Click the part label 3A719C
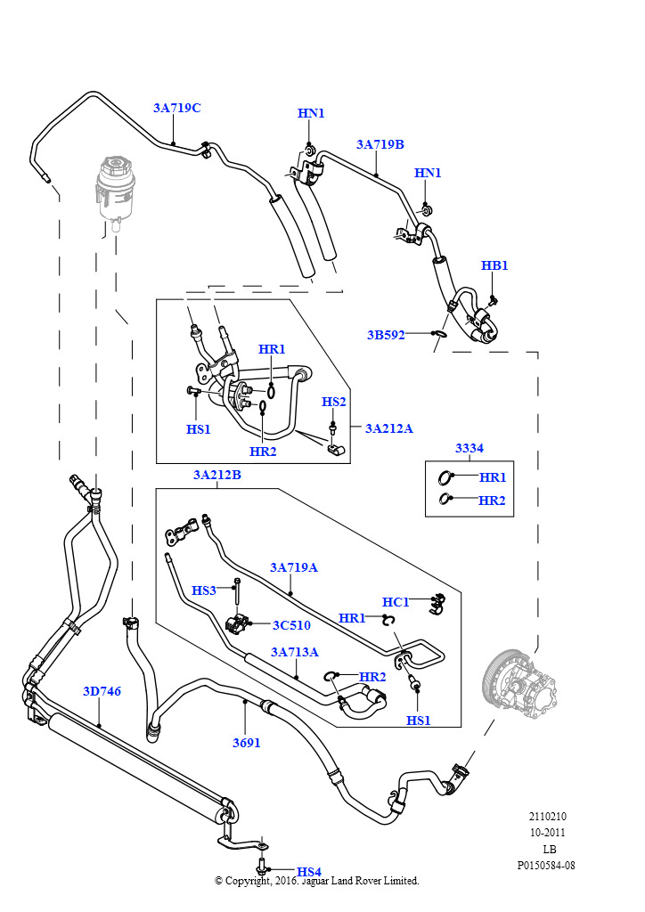(x=176, y=108)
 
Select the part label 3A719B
(x=380, y=144)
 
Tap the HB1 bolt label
(x=494, y=265)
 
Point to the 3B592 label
(x=386, y=335)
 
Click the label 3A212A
(x=388, y=428)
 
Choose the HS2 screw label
(x=334, y=402)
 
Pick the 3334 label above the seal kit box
(x=469, y=448)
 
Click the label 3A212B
(x=217, y=475)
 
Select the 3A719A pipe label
(x=294, y=567)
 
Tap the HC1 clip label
(x=396, y=602)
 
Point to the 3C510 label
(x=291, y=625)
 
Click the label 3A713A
(x=294, y=652)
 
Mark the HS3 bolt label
(x=203, y=590)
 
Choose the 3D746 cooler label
(x=102, y=691)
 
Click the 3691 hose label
(x=246, y=743)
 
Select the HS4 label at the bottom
(x=309, y=872)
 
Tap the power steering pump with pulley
(x=520, y=682)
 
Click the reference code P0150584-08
(x=546, y=865)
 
